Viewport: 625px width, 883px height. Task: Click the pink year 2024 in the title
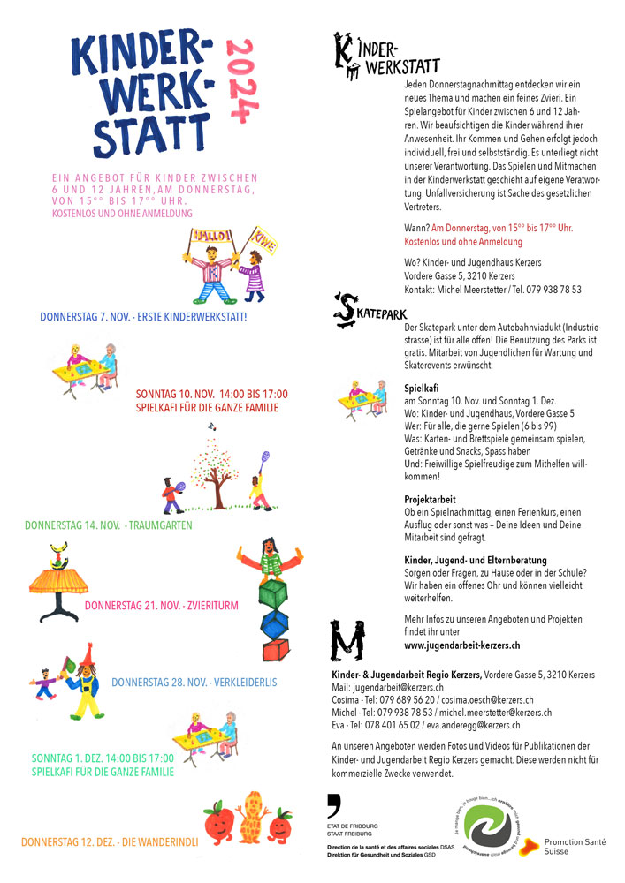(236, 80)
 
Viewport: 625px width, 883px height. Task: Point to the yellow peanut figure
(254, 817)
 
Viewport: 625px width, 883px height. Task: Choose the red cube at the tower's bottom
(273, 652)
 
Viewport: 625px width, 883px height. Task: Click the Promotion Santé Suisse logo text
(575, 847)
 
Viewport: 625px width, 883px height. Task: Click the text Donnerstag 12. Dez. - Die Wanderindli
(110, 842)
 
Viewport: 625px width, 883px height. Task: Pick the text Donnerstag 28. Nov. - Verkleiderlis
(194, 683)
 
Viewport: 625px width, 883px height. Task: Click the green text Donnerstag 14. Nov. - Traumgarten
(109, 525)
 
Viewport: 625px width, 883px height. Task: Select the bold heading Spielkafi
(422, 388)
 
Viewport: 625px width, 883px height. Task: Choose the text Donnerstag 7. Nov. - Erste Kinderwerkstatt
(143, 316)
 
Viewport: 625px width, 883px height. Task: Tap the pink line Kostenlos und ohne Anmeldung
(122, 213)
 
